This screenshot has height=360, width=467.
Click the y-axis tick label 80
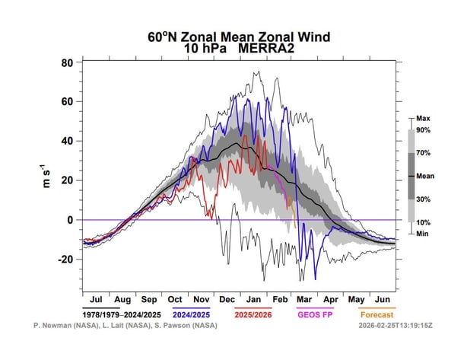click(x=66, y=62)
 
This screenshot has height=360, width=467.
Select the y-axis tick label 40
click(x=66, y=141)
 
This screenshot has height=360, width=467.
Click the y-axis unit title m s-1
click(x=47, y=181)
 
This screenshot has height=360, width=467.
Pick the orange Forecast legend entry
click(x=377, y=313)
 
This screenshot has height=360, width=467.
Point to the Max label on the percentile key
click(x=422, y=119)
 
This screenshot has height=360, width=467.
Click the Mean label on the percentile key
click(x=424, y=175)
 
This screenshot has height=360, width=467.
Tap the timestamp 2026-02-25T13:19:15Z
click(x=395, y=325)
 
